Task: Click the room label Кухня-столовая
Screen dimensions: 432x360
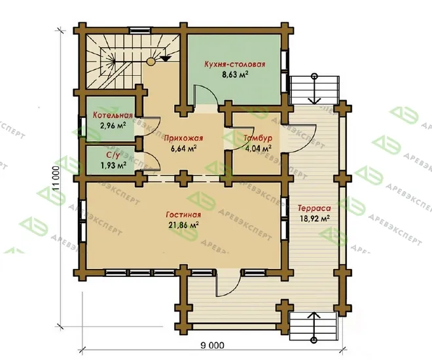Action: [x=235, y=64]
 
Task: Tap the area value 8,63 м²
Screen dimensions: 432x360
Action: [x=235, y=75]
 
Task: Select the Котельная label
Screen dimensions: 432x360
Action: [x=113, y=115]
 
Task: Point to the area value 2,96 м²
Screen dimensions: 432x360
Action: [x=113, y=126]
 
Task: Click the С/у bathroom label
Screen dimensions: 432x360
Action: [x=113, y=156]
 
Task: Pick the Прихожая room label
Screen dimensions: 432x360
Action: [x=183, y=138]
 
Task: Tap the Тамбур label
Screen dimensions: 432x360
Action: [x=258, y=138]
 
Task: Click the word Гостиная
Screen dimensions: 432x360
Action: [x=183, y=215]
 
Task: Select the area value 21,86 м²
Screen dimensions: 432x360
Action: [x=183, y=225]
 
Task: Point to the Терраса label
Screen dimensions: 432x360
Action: [x=314, y=208]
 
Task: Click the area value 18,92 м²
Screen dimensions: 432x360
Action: [x=315, y=219]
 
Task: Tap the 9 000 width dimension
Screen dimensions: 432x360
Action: [x=212, y=345]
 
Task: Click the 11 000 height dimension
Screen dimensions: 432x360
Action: [x=56, y=179]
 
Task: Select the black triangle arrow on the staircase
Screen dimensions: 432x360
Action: [x=166, y=59]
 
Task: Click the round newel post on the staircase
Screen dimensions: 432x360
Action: [x=151, y=62]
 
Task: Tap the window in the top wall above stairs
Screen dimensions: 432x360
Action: [x=141, y=30]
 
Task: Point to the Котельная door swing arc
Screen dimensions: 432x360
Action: [x=155, y=128]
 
